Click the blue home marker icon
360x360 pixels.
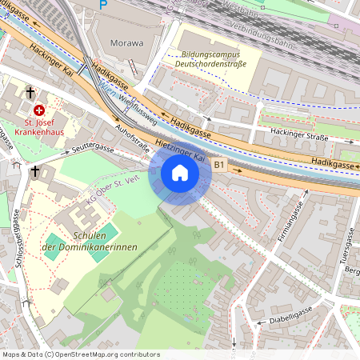pyautogui.click(x=180, y=173)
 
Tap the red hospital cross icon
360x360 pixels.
pyautogui.click(x=38, y=110)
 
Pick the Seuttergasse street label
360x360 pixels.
pyautogui.click(x=92, y=150)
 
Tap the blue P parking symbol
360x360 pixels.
pyautogui.click(x=102, y=5)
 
